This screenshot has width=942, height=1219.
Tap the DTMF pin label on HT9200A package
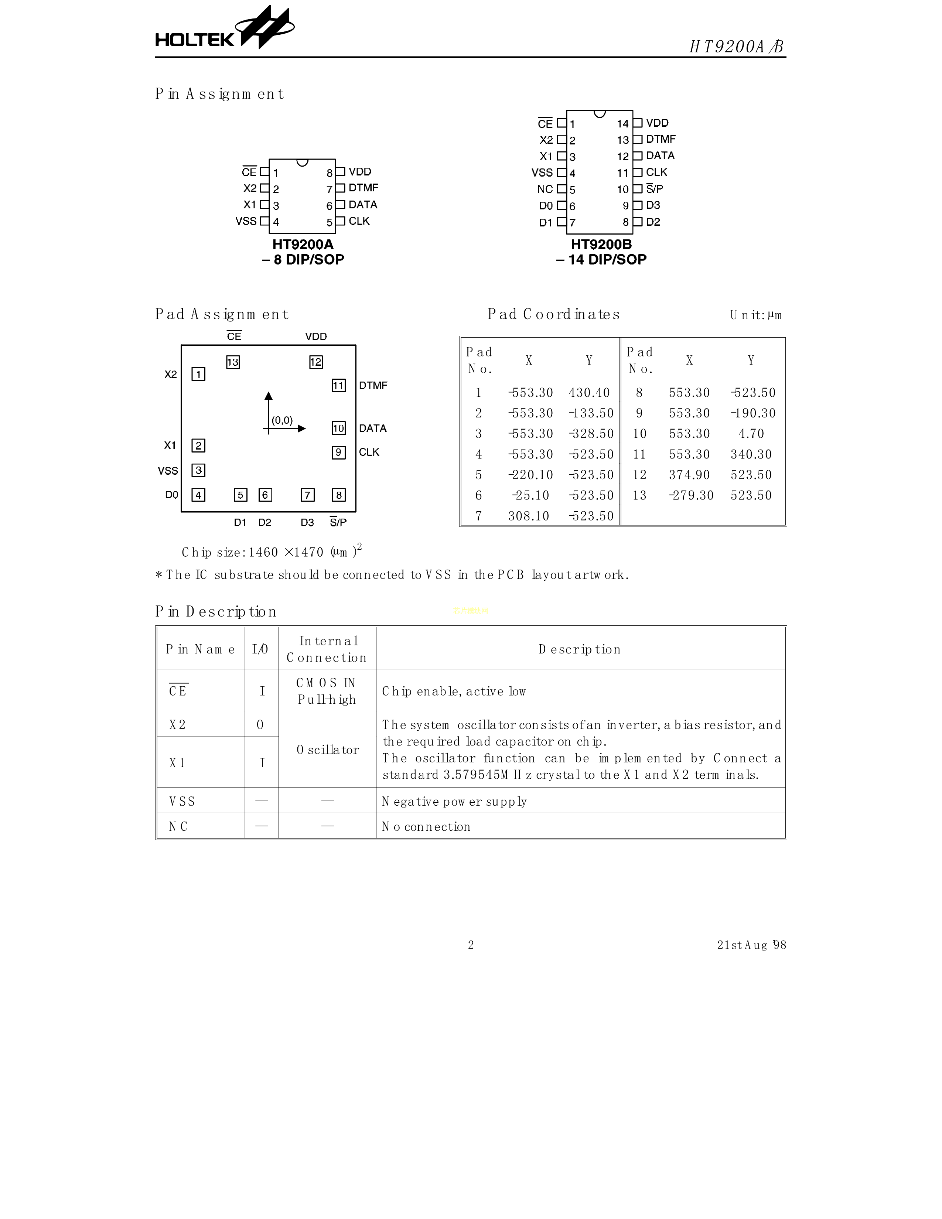click(x=363, y=188)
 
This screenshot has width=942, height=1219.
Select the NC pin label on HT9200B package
click(x=545, y=189)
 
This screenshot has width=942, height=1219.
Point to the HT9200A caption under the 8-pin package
click(x=303, y=245)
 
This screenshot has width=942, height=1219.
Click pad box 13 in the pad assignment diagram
click(x=233, y=362)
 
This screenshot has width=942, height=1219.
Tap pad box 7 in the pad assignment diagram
click(x=307, y=495)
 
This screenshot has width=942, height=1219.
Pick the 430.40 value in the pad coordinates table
click(x=589, y=393)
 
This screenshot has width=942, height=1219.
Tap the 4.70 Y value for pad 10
click(x=751, y=434)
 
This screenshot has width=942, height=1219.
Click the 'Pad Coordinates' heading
click(x=554, y=315)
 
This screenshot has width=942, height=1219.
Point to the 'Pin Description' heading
click(x=216, y=612)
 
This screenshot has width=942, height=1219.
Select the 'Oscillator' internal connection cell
click(x=328, y=750)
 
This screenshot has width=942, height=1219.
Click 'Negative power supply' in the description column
click(x=454, y=802)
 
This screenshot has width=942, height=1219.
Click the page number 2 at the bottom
click(x=470, y=945)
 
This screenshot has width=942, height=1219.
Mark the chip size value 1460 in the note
click(x=263, y=553)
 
